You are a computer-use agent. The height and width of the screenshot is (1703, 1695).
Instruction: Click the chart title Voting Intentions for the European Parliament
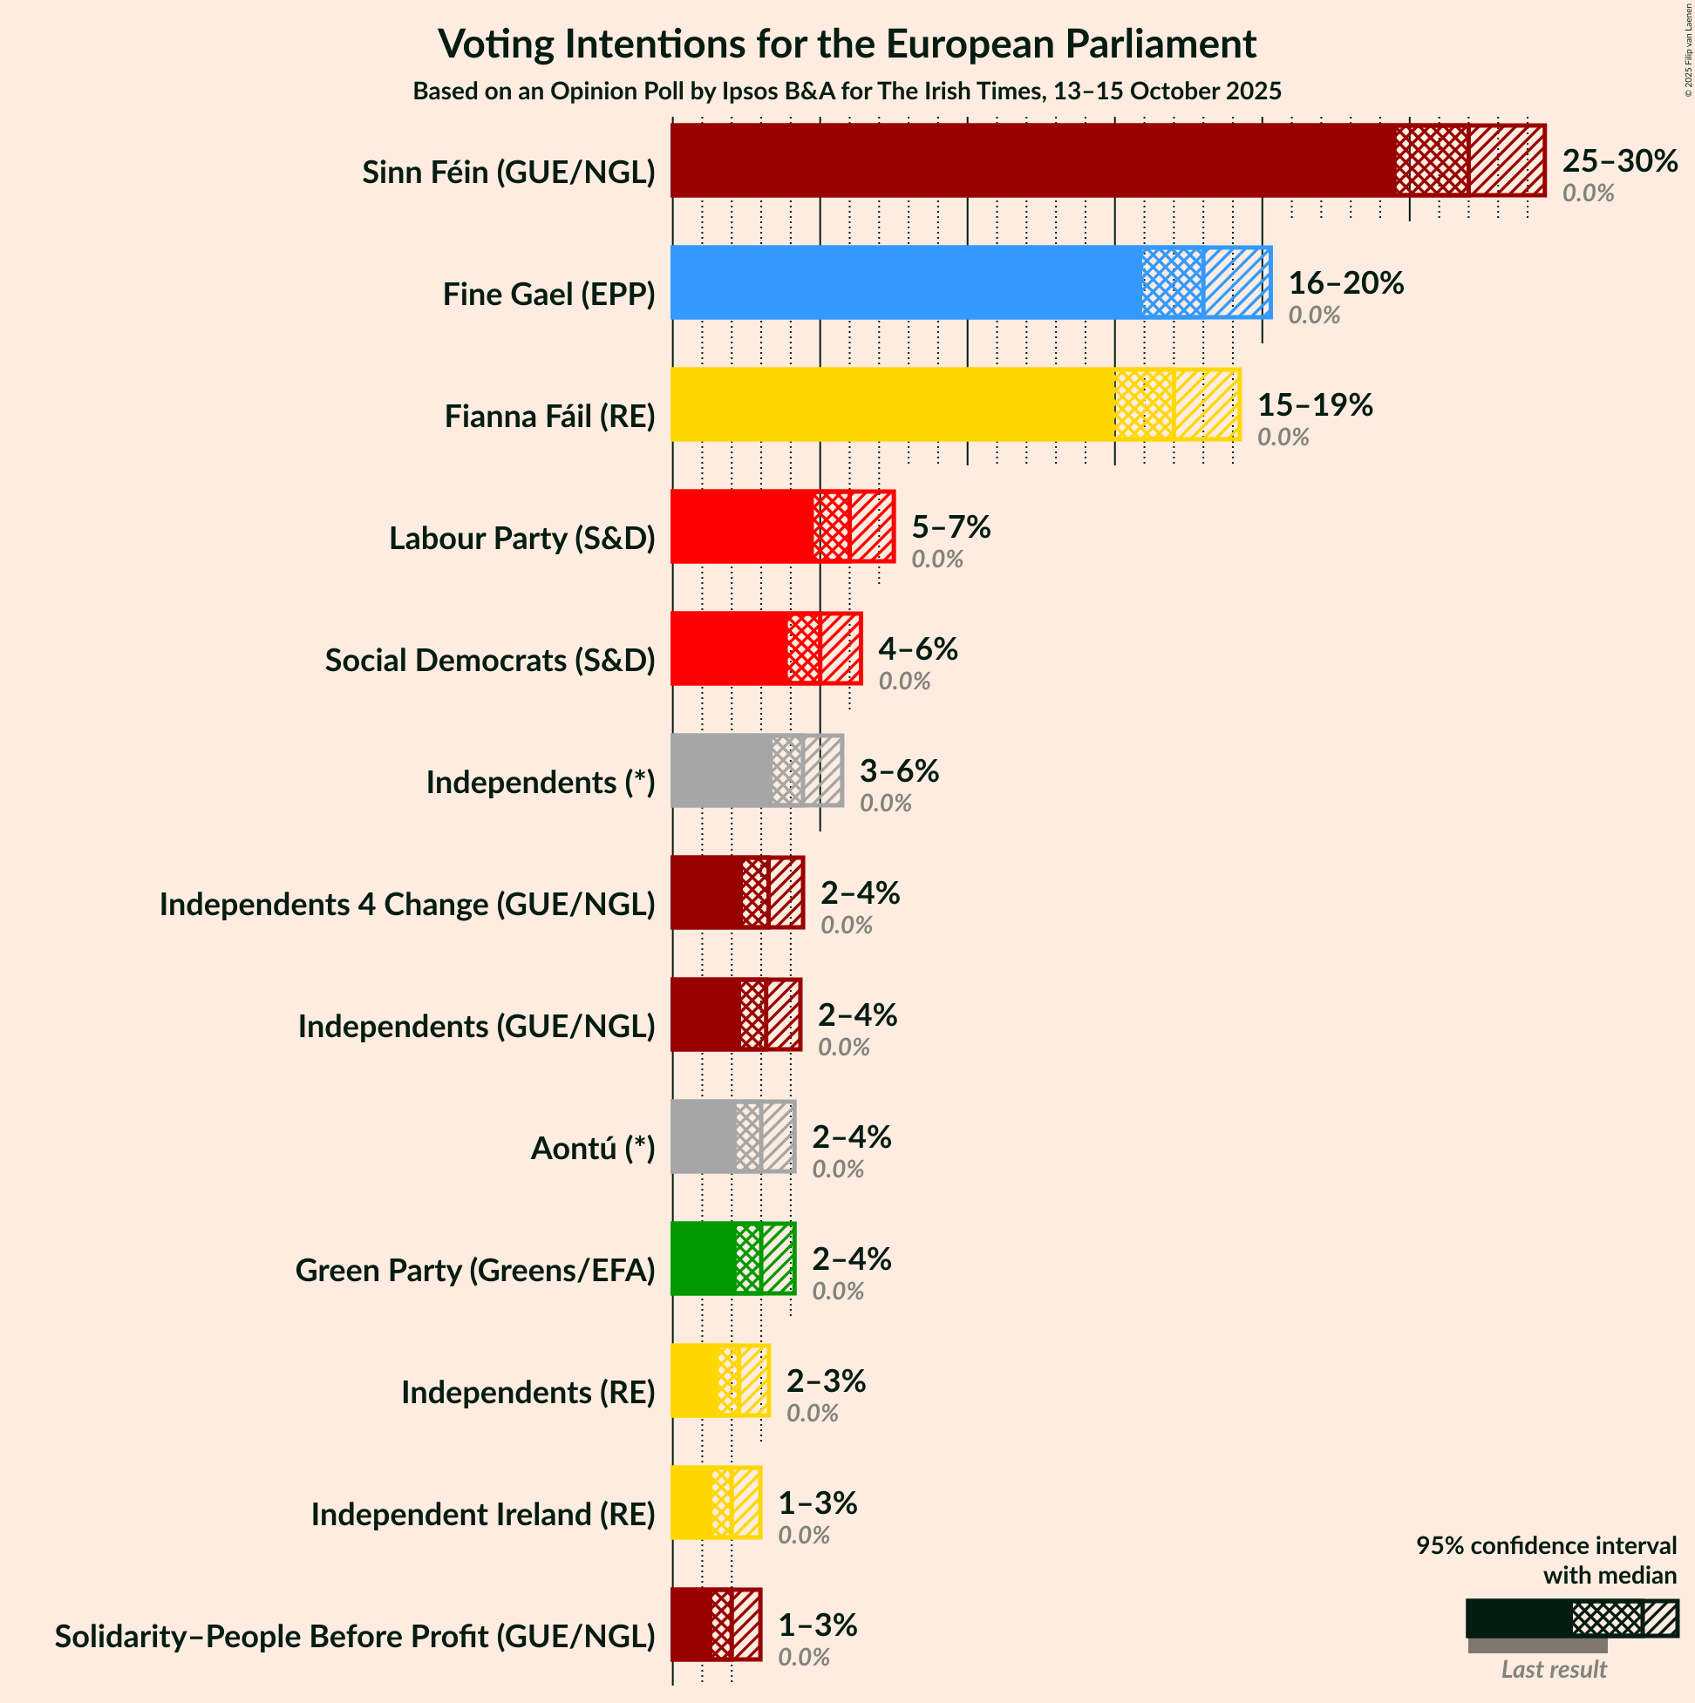click(847, 44)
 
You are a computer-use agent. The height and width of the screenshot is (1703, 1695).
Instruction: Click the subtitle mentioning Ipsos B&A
click(847, 92)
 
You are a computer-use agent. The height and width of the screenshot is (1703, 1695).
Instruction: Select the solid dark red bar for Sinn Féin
click(1031, 160)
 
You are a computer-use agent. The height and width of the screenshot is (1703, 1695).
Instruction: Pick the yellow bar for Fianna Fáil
click(891, 404)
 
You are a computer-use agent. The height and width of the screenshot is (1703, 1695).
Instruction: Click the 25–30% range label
click(1619, 161)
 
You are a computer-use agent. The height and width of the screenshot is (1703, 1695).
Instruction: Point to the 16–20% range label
click(1345, 283)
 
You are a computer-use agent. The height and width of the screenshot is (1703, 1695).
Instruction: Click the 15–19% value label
click(1314, 404)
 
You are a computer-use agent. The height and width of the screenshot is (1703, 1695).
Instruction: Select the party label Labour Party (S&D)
click(522, 538)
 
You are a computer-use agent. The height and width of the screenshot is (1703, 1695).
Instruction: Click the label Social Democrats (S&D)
click(489, 661)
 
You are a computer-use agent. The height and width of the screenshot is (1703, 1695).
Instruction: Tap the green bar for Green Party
click(703, 1259)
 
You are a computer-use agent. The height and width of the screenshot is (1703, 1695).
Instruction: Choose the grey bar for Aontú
click(703, 1137)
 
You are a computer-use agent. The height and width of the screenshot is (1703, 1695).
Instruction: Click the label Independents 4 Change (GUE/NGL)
click(406, 905)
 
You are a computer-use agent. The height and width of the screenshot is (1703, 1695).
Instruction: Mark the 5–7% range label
click(950, 527)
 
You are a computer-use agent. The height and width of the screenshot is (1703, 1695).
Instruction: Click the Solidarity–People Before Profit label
click(355, 1637)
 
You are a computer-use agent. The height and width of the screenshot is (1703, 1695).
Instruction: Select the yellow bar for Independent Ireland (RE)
click(691, 1503)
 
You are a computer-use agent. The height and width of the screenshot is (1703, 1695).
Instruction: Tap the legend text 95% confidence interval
click(1546, 1546)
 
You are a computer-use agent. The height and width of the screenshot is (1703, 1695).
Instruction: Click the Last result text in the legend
click(1554, 1670)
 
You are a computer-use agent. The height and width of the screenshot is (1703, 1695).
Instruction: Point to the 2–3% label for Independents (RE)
click(826, 1381)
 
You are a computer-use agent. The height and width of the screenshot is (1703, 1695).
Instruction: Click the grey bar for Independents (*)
click(720, 770)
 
